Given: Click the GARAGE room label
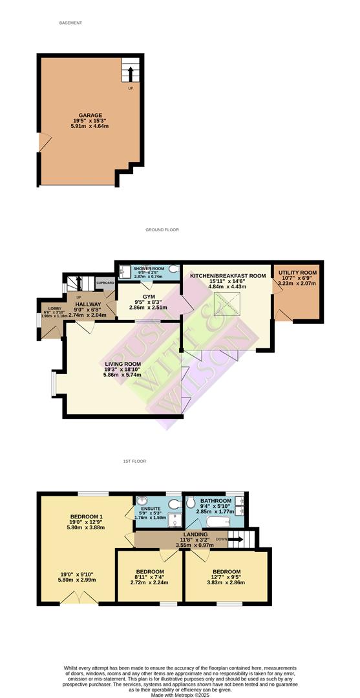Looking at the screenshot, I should (x=90, y=116).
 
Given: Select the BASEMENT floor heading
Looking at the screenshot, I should (x=70, y=23).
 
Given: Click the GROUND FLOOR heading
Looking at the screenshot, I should (x=162, y=229).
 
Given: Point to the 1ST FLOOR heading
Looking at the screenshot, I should (x=135, y=461).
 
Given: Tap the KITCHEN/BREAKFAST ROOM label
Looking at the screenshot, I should (x=228, y=276).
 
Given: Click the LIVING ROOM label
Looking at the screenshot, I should (x=123, y=365).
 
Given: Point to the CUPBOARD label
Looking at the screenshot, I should (x=105, y=283).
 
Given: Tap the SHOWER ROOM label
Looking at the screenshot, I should (x=148, y=268).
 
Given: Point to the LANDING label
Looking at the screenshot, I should (x=195, y=534).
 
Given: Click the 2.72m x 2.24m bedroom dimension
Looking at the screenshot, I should (x=149, y=582).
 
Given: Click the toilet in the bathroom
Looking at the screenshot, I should (x=191, y=502).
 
